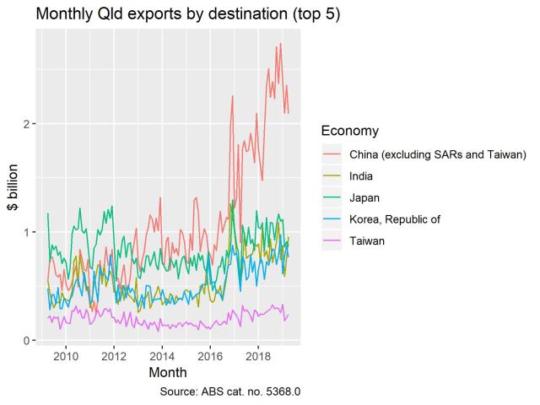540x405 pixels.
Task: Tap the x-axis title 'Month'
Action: click(167, 372)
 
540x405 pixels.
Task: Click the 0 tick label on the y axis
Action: click(26, 341)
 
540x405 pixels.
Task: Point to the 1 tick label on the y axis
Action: click(26, 232)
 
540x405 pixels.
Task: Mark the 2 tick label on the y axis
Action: click(26, 124)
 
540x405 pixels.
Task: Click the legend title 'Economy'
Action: click(349, 131)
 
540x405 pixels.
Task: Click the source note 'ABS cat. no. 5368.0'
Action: click(229, 391)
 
